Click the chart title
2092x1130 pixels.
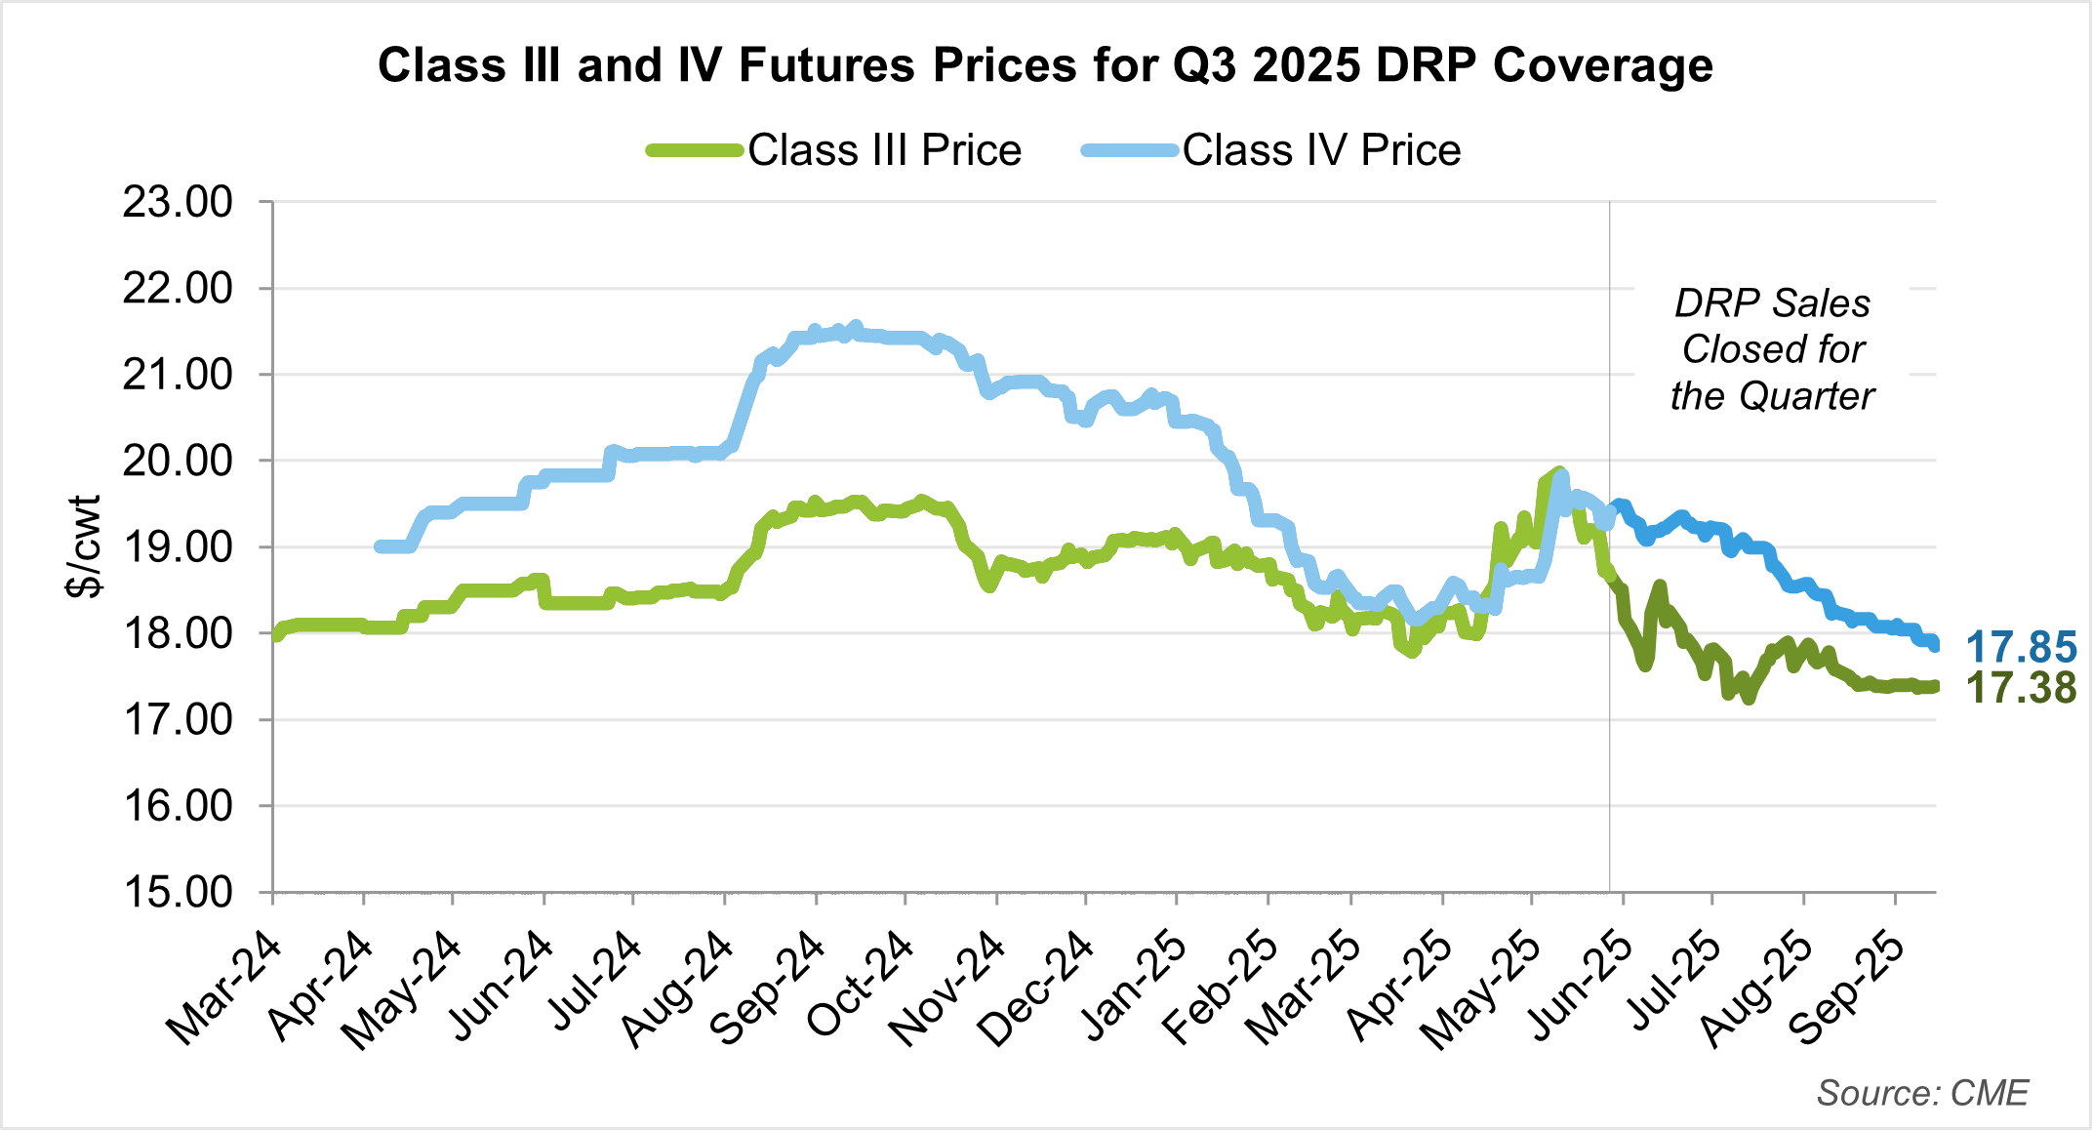coord(1045,66)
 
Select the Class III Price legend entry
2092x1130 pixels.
coord(884,150)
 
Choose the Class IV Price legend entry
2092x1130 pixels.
coord(1321,150)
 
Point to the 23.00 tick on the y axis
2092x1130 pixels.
coord(178,202)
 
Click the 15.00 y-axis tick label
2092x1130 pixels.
coord(178,892)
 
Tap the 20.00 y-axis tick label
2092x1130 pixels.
coord(178,461)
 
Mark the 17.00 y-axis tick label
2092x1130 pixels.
coord(178,720)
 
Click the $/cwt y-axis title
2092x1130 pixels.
coord(84,546)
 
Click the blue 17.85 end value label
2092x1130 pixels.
coord(2021,647)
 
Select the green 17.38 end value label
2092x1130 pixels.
coord(2021,688)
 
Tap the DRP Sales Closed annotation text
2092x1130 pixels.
coord(1772,349)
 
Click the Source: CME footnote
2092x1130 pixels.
coord(1922,1093)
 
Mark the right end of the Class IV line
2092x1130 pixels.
coord(1934,645)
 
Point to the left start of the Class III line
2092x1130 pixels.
coord(276,635)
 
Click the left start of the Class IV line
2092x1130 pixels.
coord(380,546)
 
